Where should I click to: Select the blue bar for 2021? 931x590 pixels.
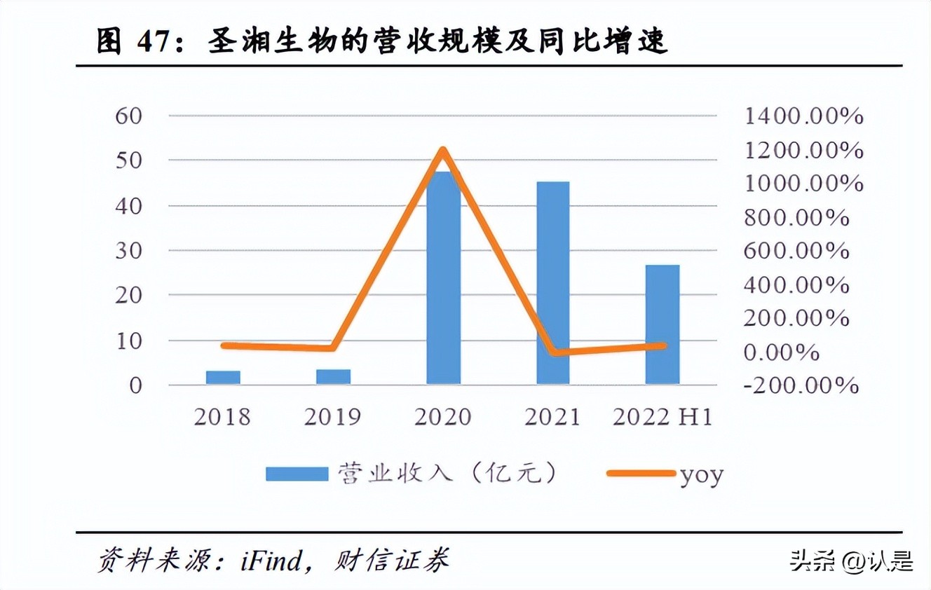pyautogui.click(x=553, y=283)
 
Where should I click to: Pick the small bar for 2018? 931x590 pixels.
pyautogui.click(x=223, y=378)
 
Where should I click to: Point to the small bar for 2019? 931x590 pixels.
pyautogui.click(x=333, y=377)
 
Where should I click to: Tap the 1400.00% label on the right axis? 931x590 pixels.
pyautogui.click(x=803, y=116)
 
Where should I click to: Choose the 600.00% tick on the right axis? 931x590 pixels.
pyautogui.click(x=796, y=251)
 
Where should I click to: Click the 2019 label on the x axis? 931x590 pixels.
pyautogui.click(x=332, y=418)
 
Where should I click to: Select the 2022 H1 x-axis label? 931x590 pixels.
pyautogui.click(x=662, y=418)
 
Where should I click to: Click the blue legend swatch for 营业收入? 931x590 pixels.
pyautogui.click(x=297, y=474)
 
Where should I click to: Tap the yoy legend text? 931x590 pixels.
pyautogui.click(x=701, y=475)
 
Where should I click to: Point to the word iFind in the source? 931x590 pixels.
pyautogui.click(x=271, y=560)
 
